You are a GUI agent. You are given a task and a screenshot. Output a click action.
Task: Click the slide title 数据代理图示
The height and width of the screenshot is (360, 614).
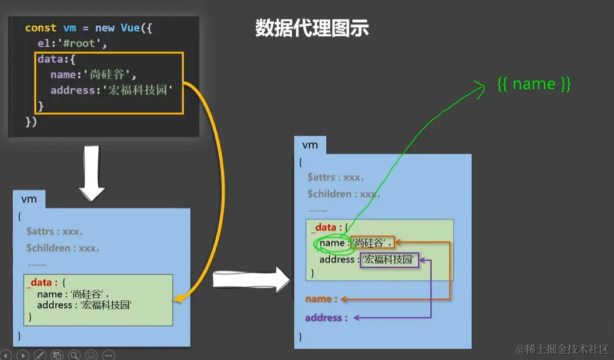click(x=312, y=27)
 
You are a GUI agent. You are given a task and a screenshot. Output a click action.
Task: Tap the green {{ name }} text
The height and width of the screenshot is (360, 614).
click(x=533, y=84)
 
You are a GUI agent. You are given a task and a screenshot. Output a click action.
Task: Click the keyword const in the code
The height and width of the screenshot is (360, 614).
click(x=40, y=28)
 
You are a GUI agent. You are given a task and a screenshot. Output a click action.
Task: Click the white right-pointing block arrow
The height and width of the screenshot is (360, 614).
click(x=251, y=280)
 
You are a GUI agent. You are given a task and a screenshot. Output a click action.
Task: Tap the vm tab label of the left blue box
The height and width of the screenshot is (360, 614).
click(x=29, y=199)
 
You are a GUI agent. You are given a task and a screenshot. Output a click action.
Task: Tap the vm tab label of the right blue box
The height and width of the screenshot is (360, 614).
click(x=310, y=145)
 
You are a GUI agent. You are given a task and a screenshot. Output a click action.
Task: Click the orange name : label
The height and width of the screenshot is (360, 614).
click(x=321, y=299)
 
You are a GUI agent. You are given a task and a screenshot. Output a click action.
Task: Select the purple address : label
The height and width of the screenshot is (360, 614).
click(x=326, y=318)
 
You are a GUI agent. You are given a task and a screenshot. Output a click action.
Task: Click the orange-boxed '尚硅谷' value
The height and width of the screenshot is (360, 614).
click(x=372, y=243)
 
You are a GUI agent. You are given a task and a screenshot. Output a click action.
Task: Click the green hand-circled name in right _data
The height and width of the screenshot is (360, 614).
click(x=332, y=243)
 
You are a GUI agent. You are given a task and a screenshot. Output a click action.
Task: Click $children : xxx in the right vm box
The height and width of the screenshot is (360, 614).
click(x=344, y=194)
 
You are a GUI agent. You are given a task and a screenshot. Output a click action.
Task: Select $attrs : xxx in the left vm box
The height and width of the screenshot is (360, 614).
click(x=54, y=231)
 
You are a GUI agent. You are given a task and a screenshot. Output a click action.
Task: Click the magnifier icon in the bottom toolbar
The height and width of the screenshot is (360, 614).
click(x=74, y=355)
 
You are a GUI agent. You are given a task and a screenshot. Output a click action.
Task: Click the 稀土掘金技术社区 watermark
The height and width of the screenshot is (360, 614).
click(x=563, y=349)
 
